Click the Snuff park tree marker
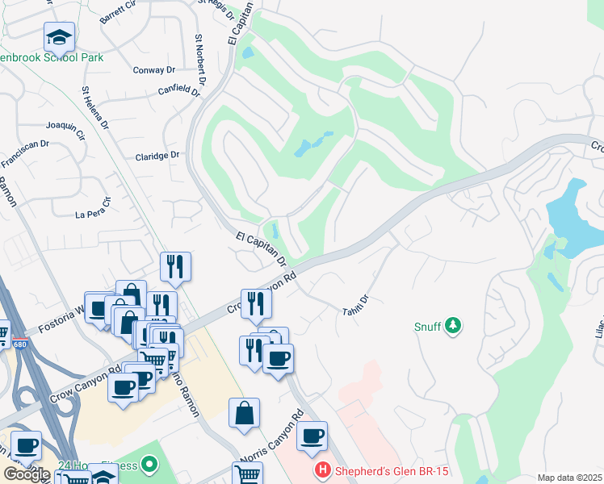click(454, 325)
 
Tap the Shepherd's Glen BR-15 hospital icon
click(323, 469)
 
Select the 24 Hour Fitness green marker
click(148, 464)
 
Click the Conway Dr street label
click(153, 70)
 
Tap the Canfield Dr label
click(178, 90)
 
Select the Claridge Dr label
click(157, 156)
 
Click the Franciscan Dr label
click(25, 153)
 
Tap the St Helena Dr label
click(94, 109)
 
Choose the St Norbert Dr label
click(199, 52)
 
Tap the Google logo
click(26, 474)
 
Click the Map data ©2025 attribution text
click(569, 478)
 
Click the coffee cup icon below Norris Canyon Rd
click(312, 436)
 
